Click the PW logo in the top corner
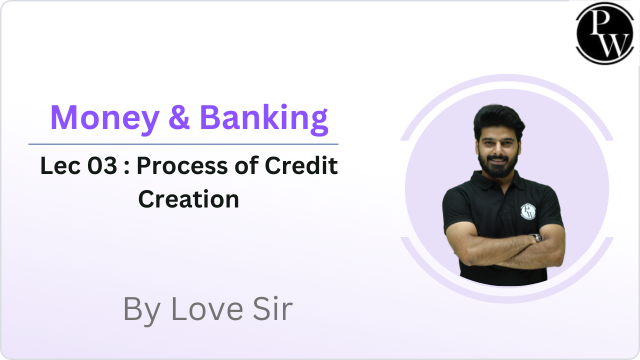tap(605, 33)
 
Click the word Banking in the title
tap(263, 119)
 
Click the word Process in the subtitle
tap(182, 165)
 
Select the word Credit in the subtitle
tap(301, 165)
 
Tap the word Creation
tap(188, 199)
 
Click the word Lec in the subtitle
tap(60, 165)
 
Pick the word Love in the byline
tap(207, 309)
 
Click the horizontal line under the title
tap(183, 144)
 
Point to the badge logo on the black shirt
tap(528, 211)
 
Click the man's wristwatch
tap(536, 237)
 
